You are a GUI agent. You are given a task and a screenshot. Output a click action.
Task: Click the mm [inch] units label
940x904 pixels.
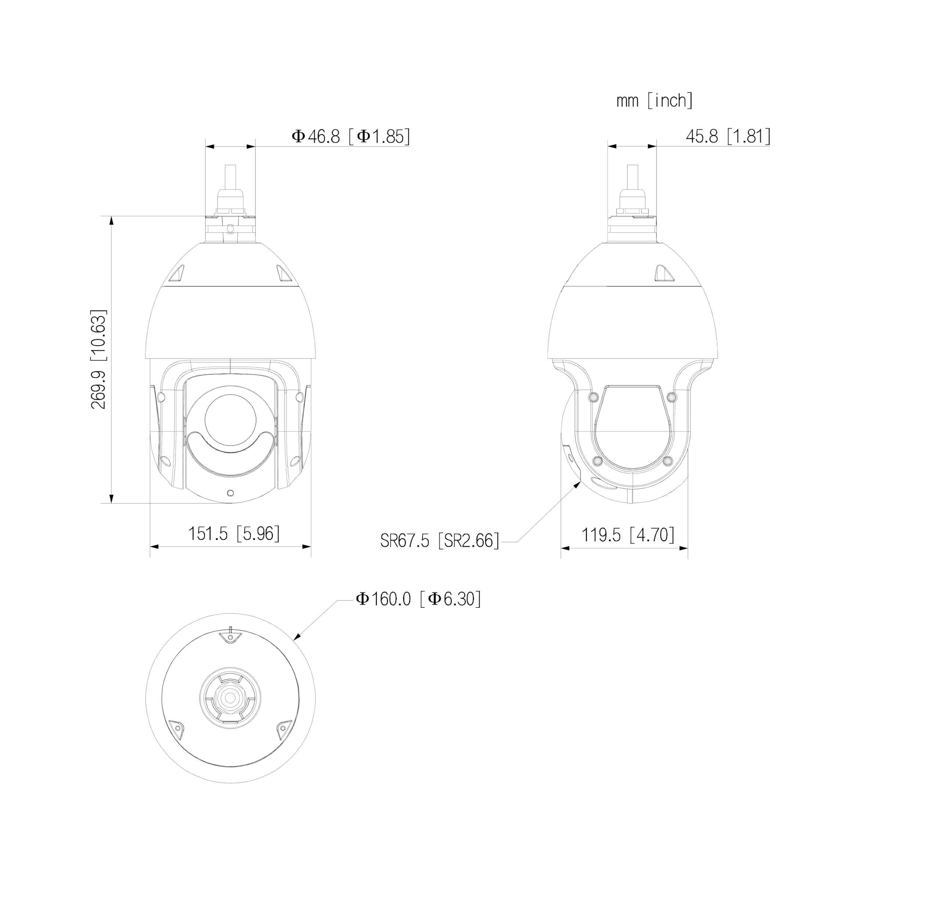point(654,101)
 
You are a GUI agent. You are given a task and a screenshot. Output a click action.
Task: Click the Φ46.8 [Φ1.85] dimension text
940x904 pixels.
point(351,137)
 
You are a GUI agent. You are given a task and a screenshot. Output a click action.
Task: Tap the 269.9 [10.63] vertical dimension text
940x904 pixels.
point(99,359)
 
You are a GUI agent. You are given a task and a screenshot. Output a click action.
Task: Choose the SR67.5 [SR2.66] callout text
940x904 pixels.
point(439,541)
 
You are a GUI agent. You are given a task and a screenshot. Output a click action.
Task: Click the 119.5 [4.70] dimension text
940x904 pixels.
point(628,535)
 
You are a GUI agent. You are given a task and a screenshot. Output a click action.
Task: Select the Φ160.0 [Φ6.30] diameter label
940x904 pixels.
point(418,599)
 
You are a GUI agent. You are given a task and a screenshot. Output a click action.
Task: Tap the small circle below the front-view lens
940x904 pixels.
point(231,493)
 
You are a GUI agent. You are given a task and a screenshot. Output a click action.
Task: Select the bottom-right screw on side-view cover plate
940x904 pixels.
point(667,461)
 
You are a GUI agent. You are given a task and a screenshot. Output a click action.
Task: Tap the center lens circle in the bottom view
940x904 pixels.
point(231,698)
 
